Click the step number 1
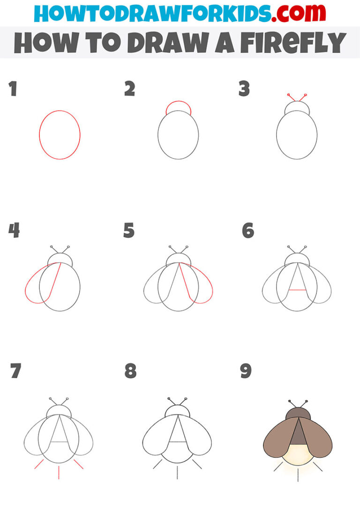(x=13, y=89)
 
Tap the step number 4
(x=14, y=230)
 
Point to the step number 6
(x=247, y=230)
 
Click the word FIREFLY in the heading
(x=290, y=43)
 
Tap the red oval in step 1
(x=39, y=135)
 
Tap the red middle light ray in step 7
(x=59, y=472)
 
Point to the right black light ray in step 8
(x=197, y=464)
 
